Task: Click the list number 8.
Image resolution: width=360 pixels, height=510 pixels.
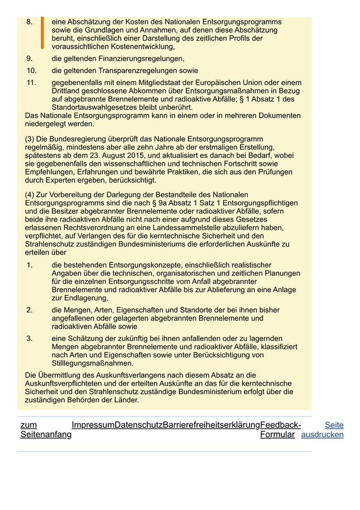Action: tap(29, 22)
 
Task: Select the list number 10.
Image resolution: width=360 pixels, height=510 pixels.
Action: tap(31, 71)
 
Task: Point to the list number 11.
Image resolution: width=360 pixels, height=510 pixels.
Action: tap(31, 83)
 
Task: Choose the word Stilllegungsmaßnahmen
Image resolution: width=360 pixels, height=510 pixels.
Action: tap(92, 363)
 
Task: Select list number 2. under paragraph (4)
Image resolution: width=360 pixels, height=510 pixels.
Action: tap(30, 310)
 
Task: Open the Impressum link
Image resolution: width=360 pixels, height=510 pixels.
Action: tap(93, 425)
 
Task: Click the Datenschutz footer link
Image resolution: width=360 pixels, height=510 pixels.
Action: tap(138, 425)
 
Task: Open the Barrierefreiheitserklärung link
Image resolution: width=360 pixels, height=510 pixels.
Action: tap(211, 425)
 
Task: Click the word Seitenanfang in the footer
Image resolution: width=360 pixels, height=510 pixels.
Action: tap(46, 435)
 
